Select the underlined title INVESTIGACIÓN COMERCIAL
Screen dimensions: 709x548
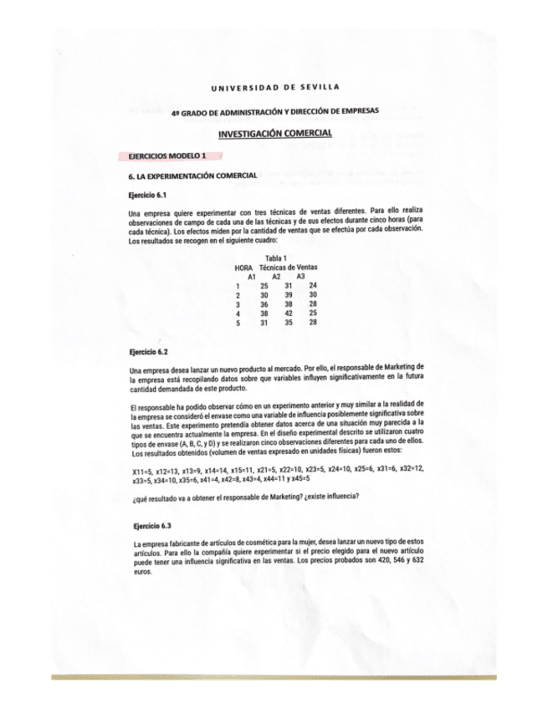(x=274, y=134)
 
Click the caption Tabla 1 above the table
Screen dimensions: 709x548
(x=275, y=258)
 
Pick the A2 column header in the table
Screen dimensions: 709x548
(x=276, y=276)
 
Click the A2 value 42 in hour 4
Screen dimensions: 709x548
(x=289, y=313)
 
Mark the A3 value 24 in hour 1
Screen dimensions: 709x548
(x=313, y=285)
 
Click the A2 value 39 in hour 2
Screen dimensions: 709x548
(x=289, y=294)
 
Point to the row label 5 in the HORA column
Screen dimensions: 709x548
(x=238, y=322)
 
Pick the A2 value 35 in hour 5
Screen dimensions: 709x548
(x=289, y=322)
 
